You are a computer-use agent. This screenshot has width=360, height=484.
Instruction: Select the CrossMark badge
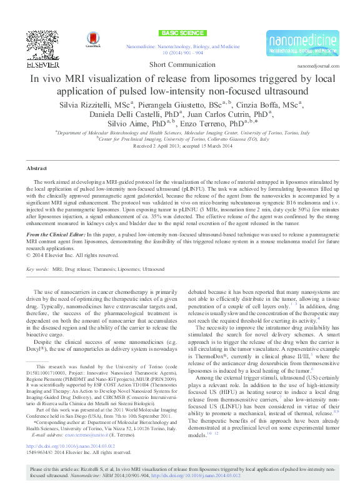[92, 40]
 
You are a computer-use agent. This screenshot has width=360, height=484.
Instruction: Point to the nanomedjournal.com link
[318, 66]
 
